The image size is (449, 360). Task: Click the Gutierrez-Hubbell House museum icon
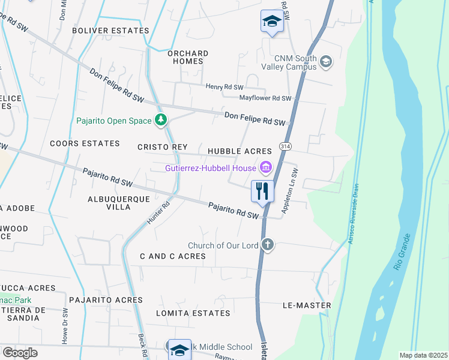coord(265,167)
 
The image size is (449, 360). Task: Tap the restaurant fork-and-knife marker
coord(262,191)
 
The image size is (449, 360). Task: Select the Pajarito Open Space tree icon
coord(160,121)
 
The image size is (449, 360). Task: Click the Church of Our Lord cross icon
coord(268,245)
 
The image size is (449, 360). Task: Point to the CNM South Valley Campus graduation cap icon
coord(325,61)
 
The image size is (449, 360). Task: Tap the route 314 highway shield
coord(286,146)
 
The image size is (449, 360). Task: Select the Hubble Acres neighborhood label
coord(240,151)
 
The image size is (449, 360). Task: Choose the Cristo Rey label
coord(163,147)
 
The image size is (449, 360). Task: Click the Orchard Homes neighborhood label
coord(188,57)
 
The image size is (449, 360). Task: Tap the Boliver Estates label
coord(110,30)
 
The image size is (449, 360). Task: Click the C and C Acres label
coord(173,256)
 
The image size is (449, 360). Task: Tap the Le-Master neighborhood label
coord(307,305)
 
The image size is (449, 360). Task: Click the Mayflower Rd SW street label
coord(265,98)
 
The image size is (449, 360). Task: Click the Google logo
coord(20,353)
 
